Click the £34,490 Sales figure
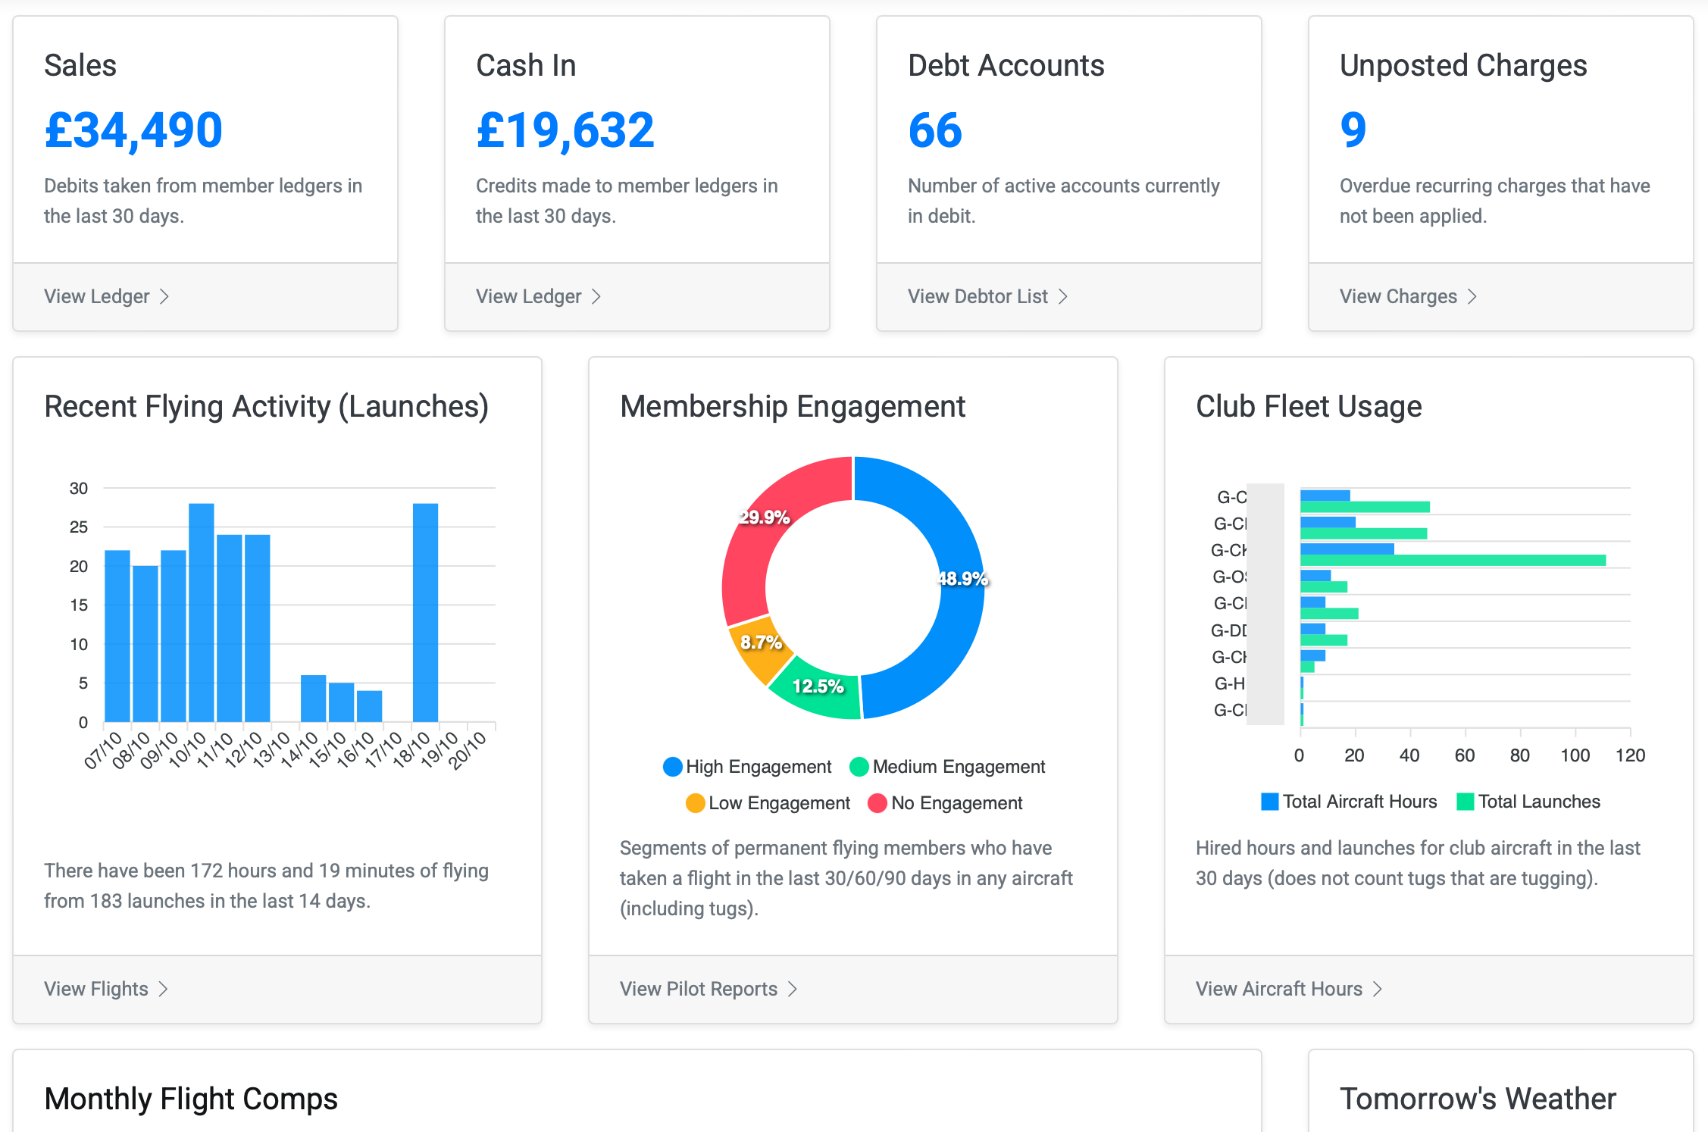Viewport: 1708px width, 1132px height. [133, 130]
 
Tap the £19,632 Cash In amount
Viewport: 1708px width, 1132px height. [565, 130]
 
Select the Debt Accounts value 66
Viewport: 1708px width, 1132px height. [935, 130]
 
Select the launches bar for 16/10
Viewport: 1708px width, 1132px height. [369, 706]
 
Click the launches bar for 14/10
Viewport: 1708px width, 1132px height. [313, 698]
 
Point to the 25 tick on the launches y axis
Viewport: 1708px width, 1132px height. [79, 527]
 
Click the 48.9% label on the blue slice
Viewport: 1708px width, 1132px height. [962, 579]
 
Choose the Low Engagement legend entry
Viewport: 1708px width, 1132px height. [768, 803]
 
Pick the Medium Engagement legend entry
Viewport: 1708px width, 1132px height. [947, 767]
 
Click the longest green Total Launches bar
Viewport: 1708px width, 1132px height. [1453, 561]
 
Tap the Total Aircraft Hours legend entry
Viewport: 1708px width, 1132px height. [1349, 802]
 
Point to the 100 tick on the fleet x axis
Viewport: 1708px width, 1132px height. [1575, 755]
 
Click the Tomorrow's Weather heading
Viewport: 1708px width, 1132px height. [1478, 1099]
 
